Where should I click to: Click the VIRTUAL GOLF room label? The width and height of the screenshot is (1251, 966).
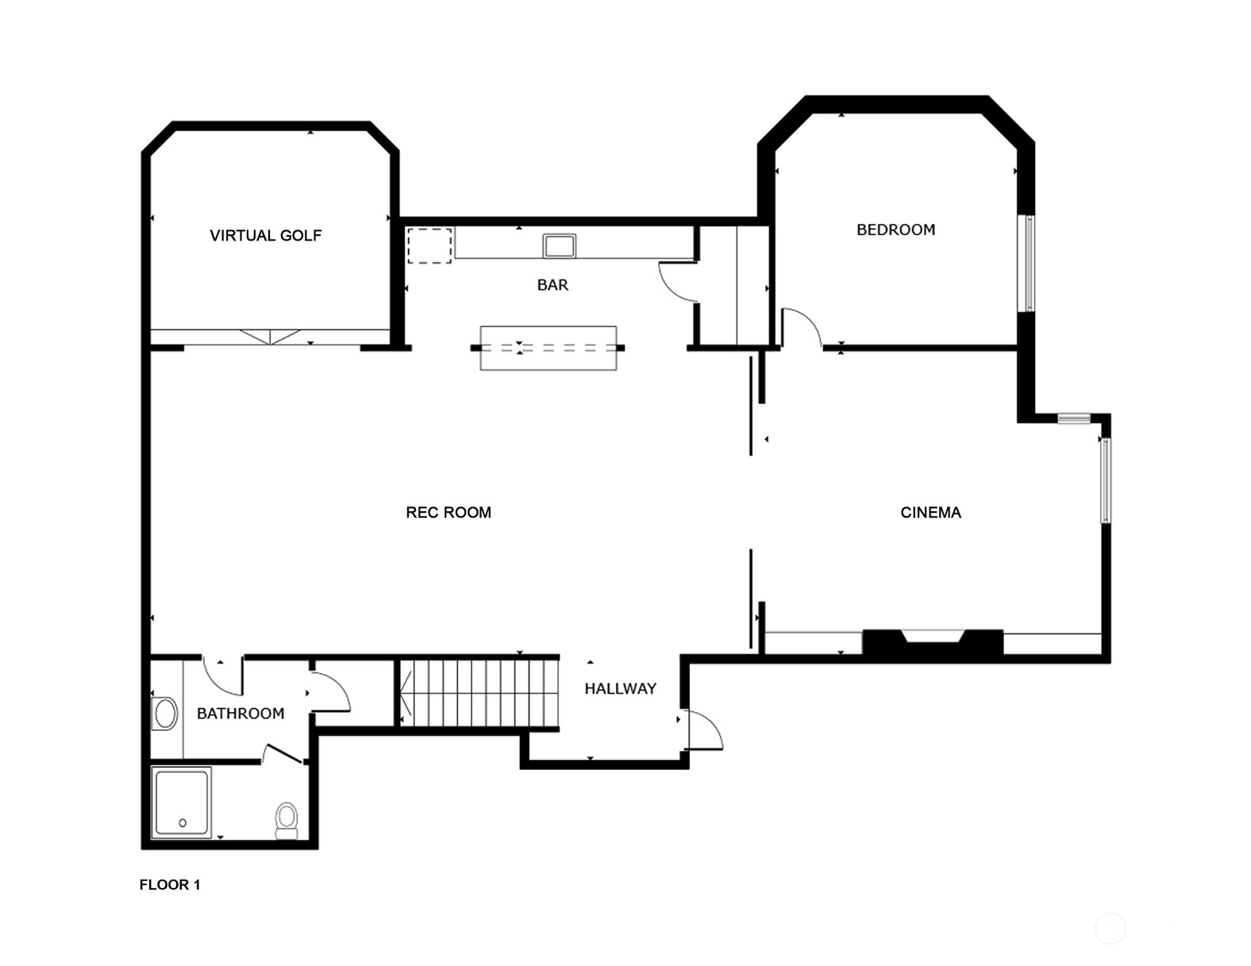[265, 236]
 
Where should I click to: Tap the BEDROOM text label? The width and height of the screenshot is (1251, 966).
[896, 229]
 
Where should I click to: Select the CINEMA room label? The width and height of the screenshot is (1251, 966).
[931, 512]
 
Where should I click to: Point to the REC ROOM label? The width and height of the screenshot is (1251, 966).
[448, 512]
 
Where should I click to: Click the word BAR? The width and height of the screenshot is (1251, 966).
[552, 285]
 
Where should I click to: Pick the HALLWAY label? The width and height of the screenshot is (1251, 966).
[621, 688]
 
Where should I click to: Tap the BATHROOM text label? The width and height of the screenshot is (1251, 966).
[241, 714]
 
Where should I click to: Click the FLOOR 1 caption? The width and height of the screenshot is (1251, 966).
[170, 885]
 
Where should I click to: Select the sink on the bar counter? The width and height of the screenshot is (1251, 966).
[559, 246]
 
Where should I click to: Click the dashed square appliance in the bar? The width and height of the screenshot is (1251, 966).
[429, 246]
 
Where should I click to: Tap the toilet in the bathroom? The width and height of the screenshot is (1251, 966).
[286, 822]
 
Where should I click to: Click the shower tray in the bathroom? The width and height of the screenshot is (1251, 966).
[182, 802]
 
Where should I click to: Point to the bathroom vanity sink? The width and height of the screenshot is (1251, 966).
[165, 714]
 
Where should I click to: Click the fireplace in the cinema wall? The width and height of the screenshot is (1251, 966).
[933, 642]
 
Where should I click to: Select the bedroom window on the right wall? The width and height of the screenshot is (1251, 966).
[1028, 264]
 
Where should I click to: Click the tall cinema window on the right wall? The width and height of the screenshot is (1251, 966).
[1106, 480]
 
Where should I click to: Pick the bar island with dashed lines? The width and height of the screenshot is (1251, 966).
[548, 348]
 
